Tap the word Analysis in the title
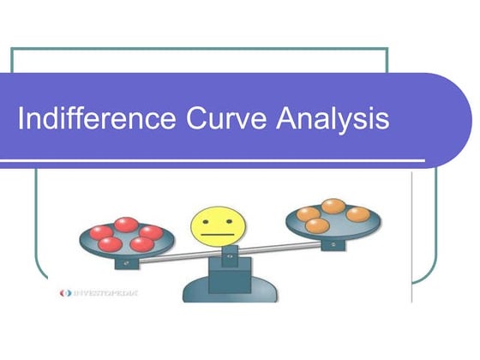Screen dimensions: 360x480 click(x=333, y=118)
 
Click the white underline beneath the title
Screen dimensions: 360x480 click(x=214, y=159)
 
